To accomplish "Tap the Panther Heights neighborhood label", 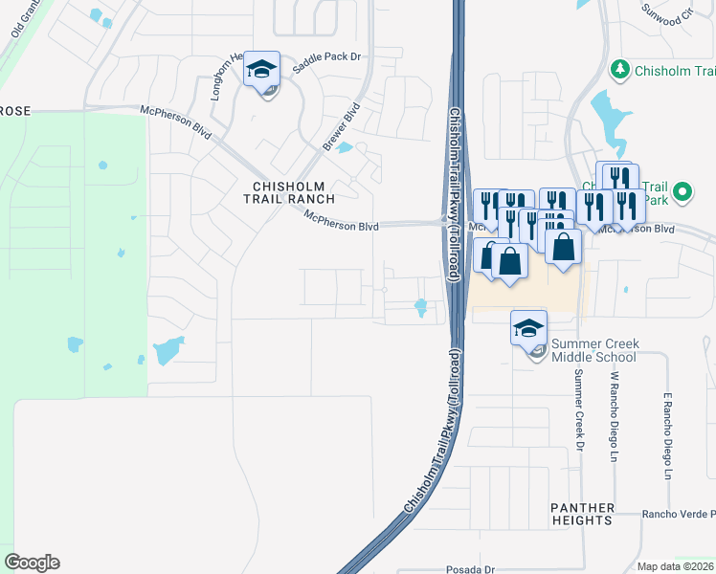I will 581,513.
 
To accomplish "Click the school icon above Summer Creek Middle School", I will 529,328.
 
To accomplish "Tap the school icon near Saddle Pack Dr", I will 261,69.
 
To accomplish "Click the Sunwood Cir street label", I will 666,17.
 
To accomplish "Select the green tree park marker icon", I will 620,69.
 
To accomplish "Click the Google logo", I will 32,563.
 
